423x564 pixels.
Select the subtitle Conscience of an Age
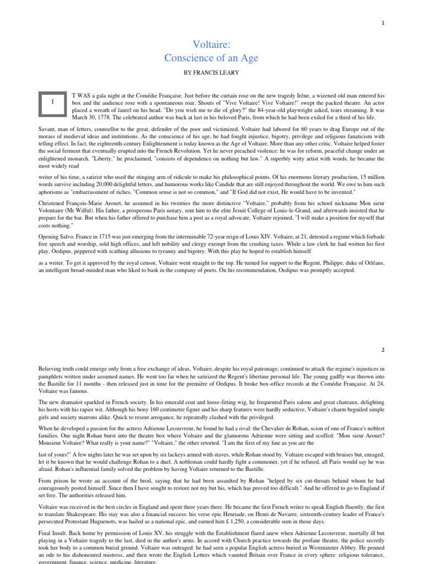click(x=211, y=58)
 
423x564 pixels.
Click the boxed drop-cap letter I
click(x=53, y=102)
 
